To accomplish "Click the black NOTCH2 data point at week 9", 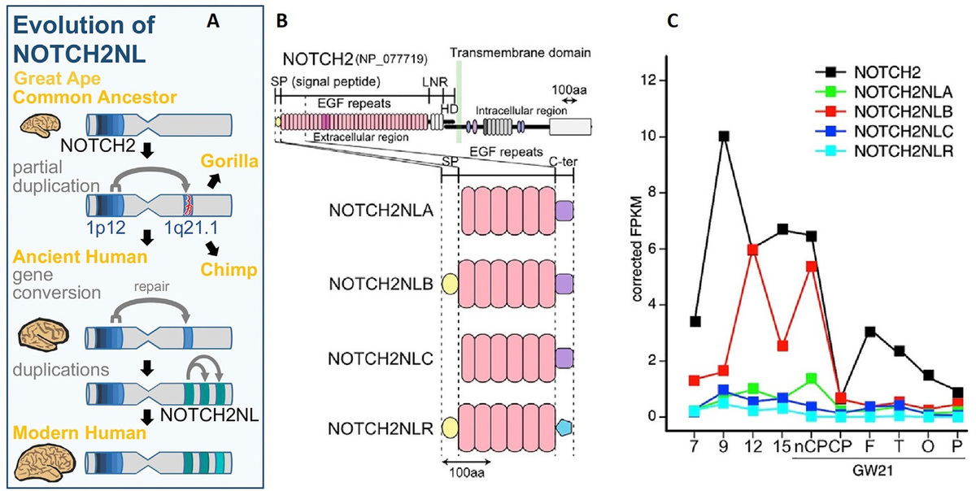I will click(723, 136).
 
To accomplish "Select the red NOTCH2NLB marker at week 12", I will click(753, 249).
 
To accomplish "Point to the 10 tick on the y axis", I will click(653, 136).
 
